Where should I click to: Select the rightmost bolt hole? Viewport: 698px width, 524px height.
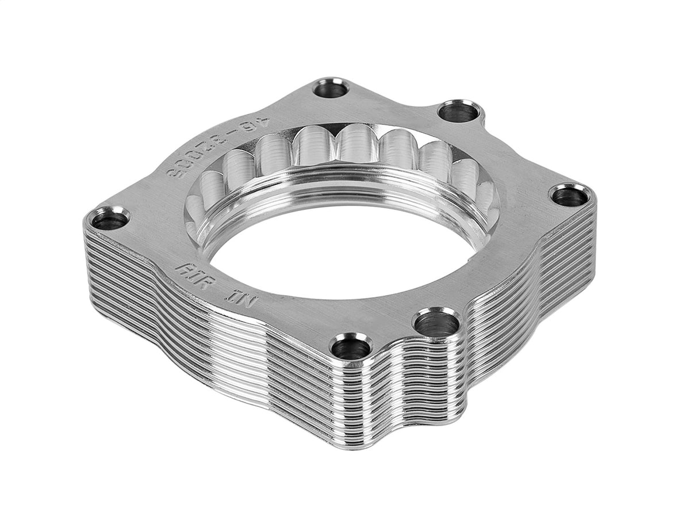(x=570, y=195)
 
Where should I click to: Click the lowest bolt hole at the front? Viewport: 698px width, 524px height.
(x=351, y=347)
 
